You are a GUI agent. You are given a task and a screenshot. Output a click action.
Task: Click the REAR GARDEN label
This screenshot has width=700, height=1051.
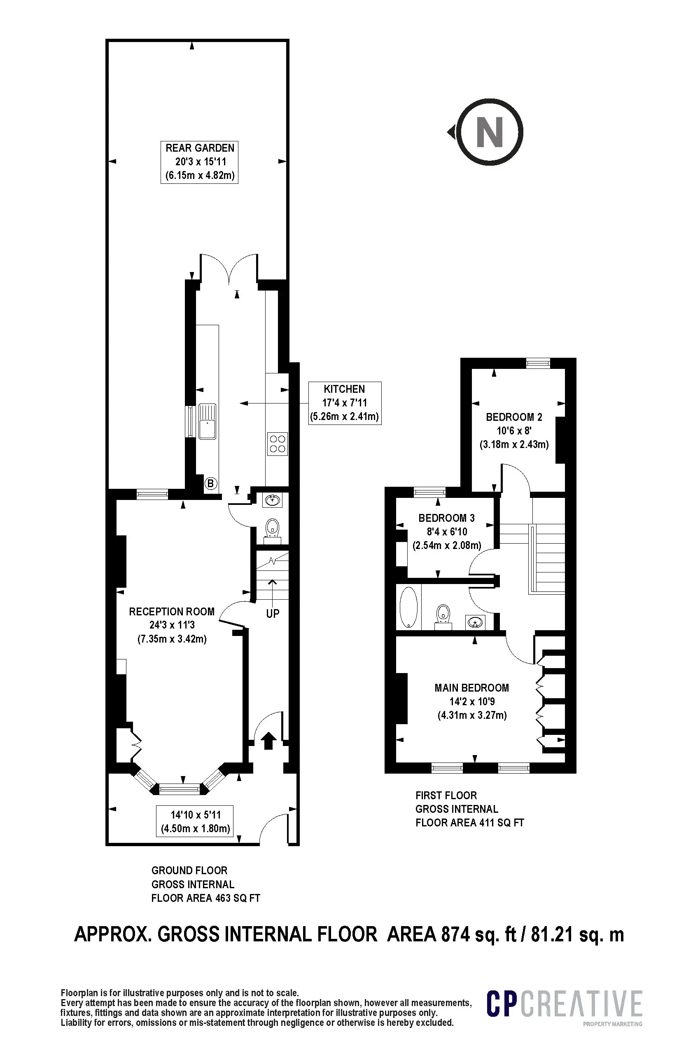200,162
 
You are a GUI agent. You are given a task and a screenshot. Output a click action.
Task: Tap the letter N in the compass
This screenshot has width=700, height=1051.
490,132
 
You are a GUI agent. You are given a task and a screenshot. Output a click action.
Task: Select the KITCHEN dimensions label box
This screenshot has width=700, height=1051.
345,403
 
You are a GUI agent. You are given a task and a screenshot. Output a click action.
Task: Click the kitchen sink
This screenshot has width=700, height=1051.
207,421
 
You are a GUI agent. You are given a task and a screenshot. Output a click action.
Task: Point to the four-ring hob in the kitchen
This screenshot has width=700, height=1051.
278,444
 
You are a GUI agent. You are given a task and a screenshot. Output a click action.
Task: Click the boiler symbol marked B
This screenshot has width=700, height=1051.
211,483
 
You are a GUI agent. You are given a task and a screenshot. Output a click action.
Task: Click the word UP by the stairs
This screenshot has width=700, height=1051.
273,614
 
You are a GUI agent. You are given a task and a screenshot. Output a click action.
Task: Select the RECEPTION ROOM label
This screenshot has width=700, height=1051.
172,625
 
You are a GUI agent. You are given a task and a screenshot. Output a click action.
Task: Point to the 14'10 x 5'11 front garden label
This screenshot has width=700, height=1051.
195,822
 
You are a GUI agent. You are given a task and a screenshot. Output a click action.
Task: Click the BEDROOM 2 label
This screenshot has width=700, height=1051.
514,431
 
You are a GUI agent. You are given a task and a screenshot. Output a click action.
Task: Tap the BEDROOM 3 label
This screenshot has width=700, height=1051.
447,532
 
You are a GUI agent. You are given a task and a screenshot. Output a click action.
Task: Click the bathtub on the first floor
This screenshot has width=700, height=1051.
408,607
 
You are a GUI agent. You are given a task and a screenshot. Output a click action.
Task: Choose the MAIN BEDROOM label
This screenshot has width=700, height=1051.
472,701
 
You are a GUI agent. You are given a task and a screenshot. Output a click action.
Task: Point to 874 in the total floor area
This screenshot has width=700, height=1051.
456,934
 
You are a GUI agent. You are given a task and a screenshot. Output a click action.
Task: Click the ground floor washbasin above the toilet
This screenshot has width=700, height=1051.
272,500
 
